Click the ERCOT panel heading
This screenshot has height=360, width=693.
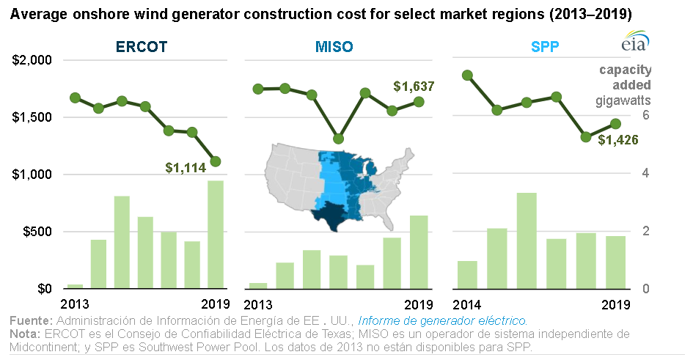142,47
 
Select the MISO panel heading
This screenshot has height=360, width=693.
334,47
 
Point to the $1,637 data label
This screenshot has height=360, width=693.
414,87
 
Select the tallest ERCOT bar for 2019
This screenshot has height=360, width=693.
216,235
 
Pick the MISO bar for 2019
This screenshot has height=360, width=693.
419,251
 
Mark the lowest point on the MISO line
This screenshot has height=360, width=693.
338,139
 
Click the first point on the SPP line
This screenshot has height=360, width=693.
466,75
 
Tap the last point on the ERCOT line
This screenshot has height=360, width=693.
216,161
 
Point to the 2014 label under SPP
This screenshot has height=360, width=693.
468,304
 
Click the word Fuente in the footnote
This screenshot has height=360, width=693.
30,320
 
